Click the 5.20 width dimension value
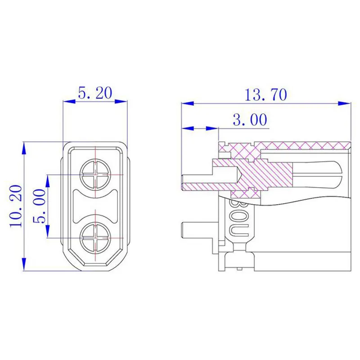[95, 93]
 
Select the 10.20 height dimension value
[16, 206]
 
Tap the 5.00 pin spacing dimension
[39, 206]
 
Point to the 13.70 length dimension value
[266, 94]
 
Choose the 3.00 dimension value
[250, 119]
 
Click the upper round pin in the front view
[95, 175]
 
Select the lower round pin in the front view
[95, 238]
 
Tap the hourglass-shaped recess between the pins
[95, 206]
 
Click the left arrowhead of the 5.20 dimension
[69, 101]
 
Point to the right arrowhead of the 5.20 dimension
[121, 101]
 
